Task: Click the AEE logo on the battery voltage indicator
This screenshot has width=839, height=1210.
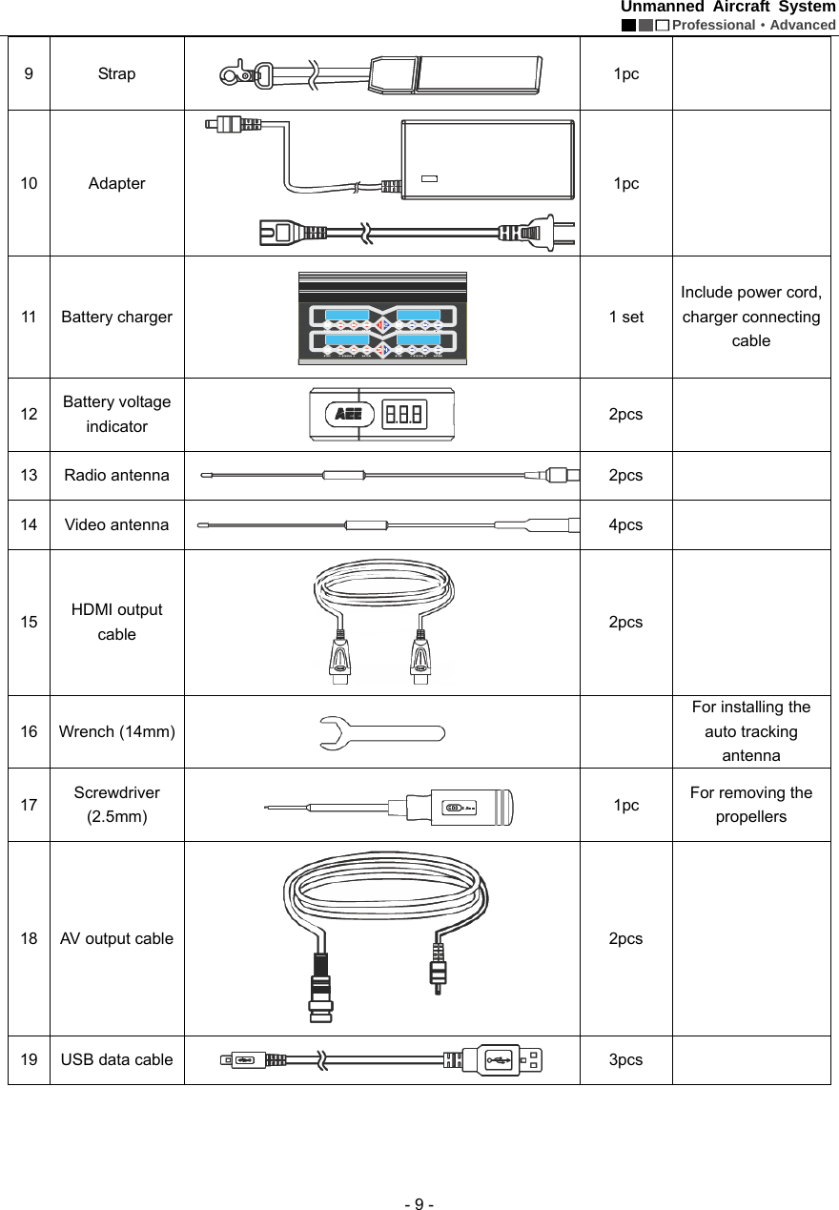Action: pos(347,415)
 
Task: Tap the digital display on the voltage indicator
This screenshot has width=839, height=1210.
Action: pos(404,415)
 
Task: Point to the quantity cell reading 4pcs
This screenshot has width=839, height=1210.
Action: pos(625,524)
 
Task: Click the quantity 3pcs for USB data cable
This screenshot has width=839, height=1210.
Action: pos(625,1059)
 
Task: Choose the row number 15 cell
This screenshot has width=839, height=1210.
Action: pos(30,622)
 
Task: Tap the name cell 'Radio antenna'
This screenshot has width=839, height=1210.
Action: pos(117,475)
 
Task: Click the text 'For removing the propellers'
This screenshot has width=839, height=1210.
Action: pos(751,805)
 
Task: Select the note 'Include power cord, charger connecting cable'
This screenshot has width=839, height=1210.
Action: pos(751,317)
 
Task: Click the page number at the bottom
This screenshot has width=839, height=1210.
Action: pos(419,1203)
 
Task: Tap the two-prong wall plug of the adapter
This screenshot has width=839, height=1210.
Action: pos(535,233)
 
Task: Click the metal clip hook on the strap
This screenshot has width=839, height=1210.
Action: pos(237,73)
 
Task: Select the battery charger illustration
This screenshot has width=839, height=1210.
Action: pos(382,318)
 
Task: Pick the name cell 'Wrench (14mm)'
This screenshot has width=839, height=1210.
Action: pos(117,732)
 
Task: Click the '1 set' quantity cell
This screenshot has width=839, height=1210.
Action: pos(625,317)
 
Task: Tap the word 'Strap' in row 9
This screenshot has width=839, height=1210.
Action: pos(117,73)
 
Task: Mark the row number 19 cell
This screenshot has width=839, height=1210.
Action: pos(30,1059)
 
